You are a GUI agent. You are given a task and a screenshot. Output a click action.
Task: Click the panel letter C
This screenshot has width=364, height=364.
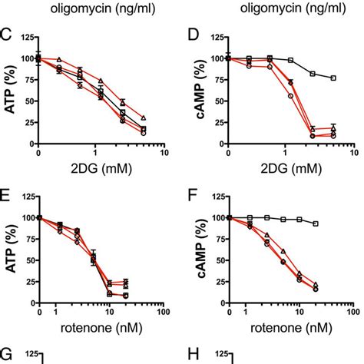click(6, 35)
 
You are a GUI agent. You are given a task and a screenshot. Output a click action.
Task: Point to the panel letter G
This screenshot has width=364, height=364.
click(7, 354)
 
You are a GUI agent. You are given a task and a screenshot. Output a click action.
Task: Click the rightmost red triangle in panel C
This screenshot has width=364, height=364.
click(143, 117)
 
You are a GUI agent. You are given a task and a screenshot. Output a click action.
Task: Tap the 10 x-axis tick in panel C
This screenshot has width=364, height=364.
click(163, 153)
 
